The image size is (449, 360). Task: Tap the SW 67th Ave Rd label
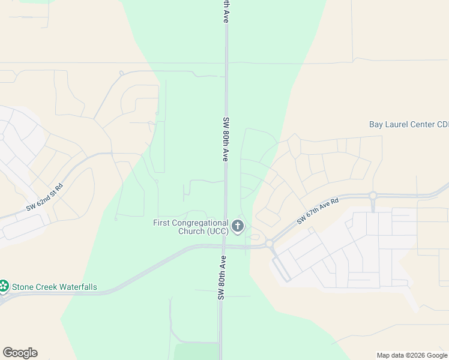click(x=318, y=211)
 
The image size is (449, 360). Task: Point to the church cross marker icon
click(x=238, y=226)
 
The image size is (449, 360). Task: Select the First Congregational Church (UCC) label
click(x=190, y=227)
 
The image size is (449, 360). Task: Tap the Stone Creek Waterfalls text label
click(x=55, y=287)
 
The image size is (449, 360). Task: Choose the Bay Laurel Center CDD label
click(x=408, y=125)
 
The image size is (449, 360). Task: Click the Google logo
click(x=20, y=353)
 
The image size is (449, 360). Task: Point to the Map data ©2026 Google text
click(x=412, y=355)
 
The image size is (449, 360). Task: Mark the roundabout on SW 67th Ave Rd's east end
click(x=373, y=196)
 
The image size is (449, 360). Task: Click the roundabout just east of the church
click(x=270, y=243)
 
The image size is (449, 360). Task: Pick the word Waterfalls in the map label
click(x=76, y=287)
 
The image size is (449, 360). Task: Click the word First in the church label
click(x=162, y=223)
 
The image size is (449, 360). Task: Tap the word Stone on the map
click(x=23, y=287)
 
